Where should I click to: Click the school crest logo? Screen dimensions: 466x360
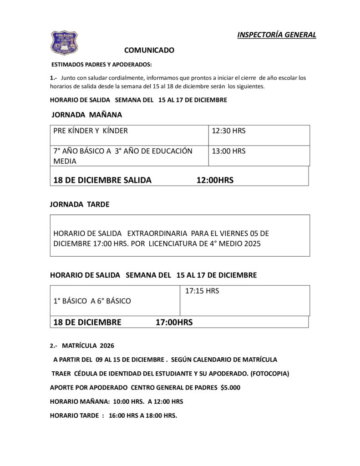(64, 42)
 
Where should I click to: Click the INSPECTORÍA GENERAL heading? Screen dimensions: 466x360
(276, 35)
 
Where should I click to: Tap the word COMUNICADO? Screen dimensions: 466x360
(149, 50)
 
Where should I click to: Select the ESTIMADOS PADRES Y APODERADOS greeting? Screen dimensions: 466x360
(101, 65)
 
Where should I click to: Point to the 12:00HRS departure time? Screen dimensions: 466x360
(215, 180)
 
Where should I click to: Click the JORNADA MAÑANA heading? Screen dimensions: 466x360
(87, 115)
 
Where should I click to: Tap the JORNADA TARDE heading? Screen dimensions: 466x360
(80, 204)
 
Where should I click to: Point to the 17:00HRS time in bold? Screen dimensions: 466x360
(174, 323)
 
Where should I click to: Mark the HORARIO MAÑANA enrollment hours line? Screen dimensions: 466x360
(117, 402)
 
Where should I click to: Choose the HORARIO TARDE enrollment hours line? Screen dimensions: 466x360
(113, 415)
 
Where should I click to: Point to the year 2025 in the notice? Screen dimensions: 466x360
(252, 243)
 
